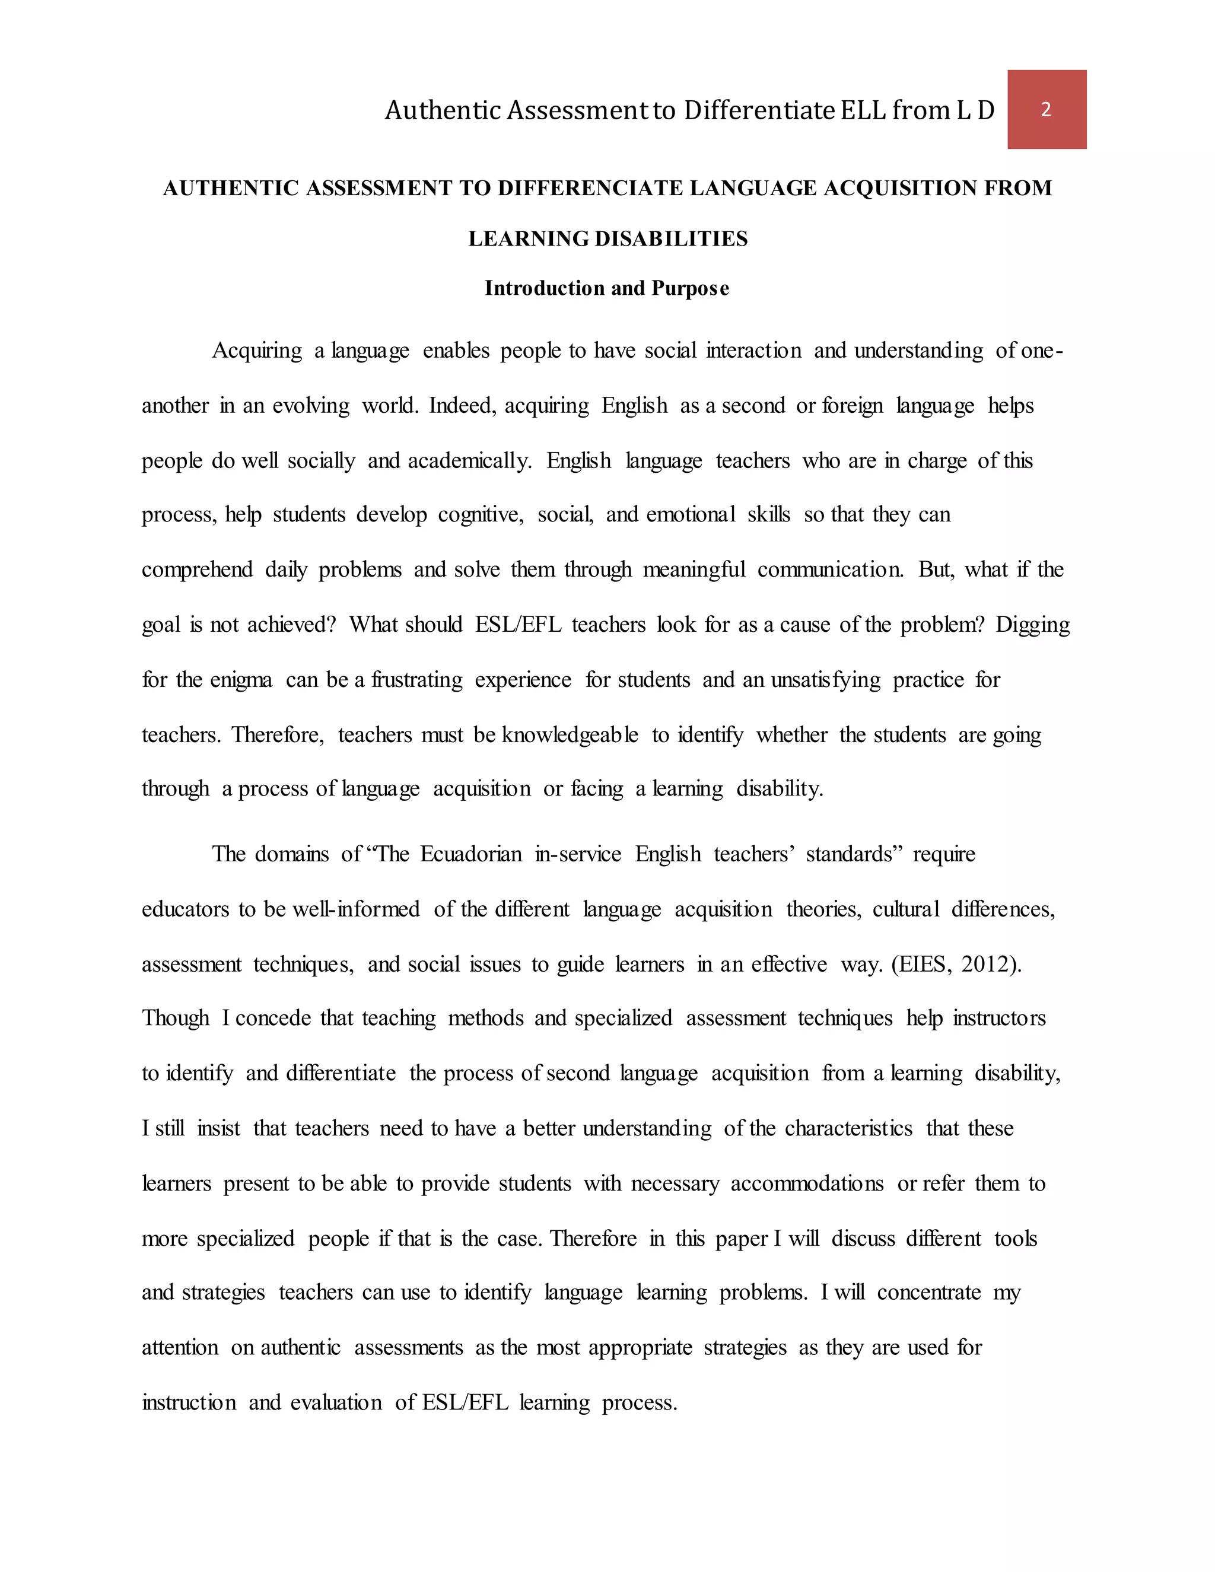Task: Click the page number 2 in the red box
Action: coord(1046,109)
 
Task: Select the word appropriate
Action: coord(640,1347)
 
